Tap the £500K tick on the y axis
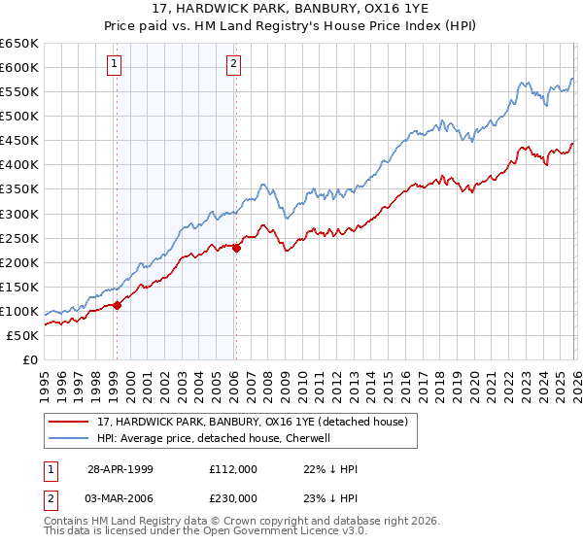click(19, 116)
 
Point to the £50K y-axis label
click(22, 335)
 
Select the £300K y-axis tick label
click(19, 214)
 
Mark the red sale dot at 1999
click(118, 305)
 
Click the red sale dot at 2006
click(236, 248)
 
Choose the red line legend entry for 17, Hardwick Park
click(257, 422)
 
